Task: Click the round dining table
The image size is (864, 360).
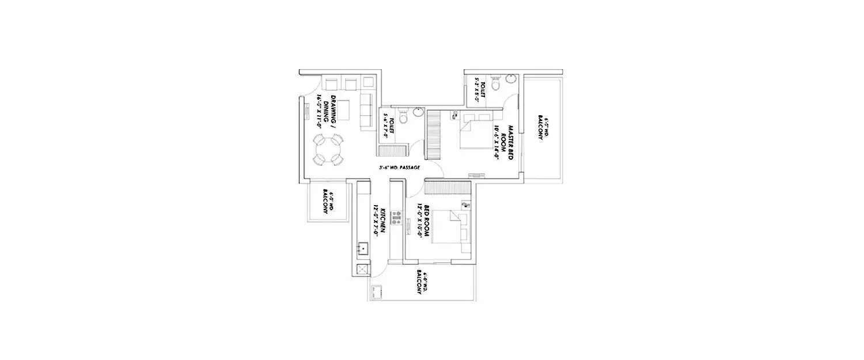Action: coord(328,150)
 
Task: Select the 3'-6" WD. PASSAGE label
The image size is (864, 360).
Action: coord(398,168)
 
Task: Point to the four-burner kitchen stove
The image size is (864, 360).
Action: coord(396,218)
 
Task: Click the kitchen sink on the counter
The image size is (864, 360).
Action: coord(363,248)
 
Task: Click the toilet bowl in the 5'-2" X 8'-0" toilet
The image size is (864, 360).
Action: coord(496,85)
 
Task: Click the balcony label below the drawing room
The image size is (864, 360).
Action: coord(326,203)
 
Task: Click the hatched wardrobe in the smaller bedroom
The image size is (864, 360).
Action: coord(448,187)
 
